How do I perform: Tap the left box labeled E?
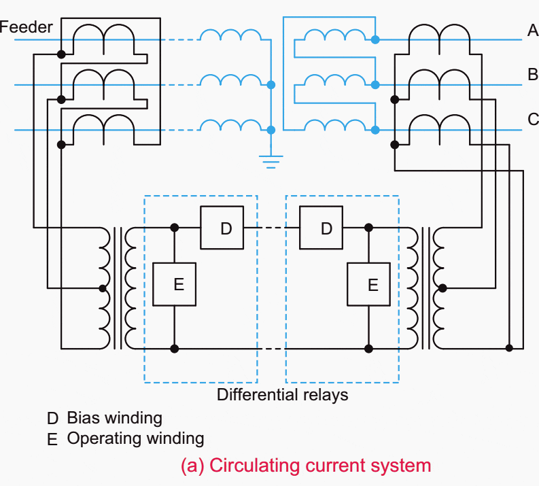click(x=175, y=283)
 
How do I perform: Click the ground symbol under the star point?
click(x=271, y=160)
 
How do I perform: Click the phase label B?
click(x=532, y=75)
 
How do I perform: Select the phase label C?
click(x=532, y=120)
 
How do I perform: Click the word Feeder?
click(x=26, y=27)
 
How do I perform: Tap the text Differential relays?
click(x=282, y=395)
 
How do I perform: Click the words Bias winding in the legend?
click(x=114, y=417)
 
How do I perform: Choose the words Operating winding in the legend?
click(x=135, y=438)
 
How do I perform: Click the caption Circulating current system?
click(x=306, y=466)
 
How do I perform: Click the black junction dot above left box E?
click(x=175, y=228)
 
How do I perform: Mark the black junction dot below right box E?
click(x=369, y=349)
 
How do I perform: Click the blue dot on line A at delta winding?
click(x=375, y=40)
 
